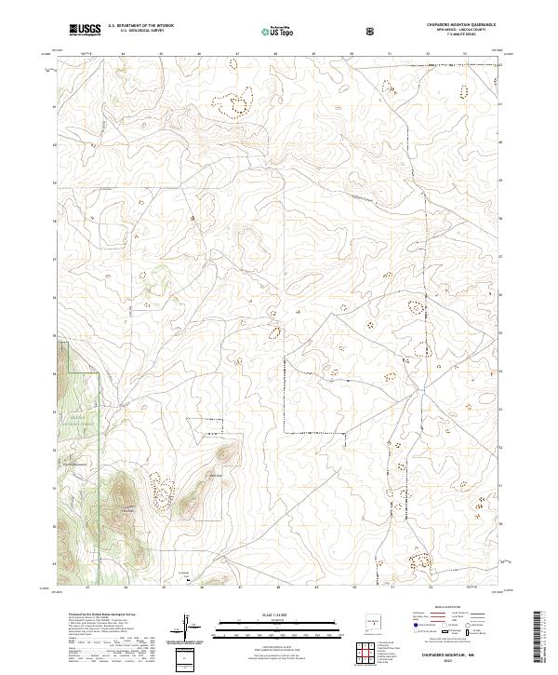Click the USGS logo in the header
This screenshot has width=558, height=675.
click(85, 31)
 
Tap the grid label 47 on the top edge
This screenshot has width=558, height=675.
click(238, 54)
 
